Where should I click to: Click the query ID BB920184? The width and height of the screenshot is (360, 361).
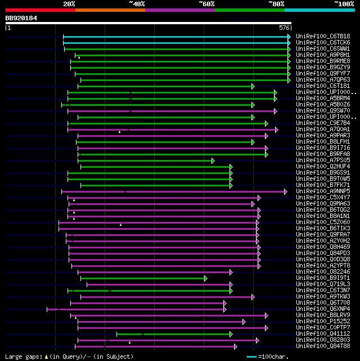(x=21, y=18)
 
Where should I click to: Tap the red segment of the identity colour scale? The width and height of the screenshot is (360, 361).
(x=39, y=10)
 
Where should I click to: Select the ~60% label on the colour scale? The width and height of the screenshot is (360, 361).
(x=206, y=4)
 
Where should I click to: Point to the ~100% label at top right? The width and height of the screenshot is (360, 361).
(x=344, y=4)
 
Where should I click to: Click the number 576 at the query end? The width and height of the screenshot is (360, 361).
(x=284, y=28)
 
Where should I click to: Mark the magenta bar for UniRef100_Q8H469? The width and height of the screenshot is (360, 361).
(x=163, y=247)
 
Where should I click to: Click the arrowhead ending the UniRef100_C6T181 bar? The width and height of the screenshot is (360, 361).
(x=253, y=86)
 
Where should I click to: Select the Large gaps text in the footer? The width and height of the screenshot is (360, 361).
(x=22, y=356)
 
